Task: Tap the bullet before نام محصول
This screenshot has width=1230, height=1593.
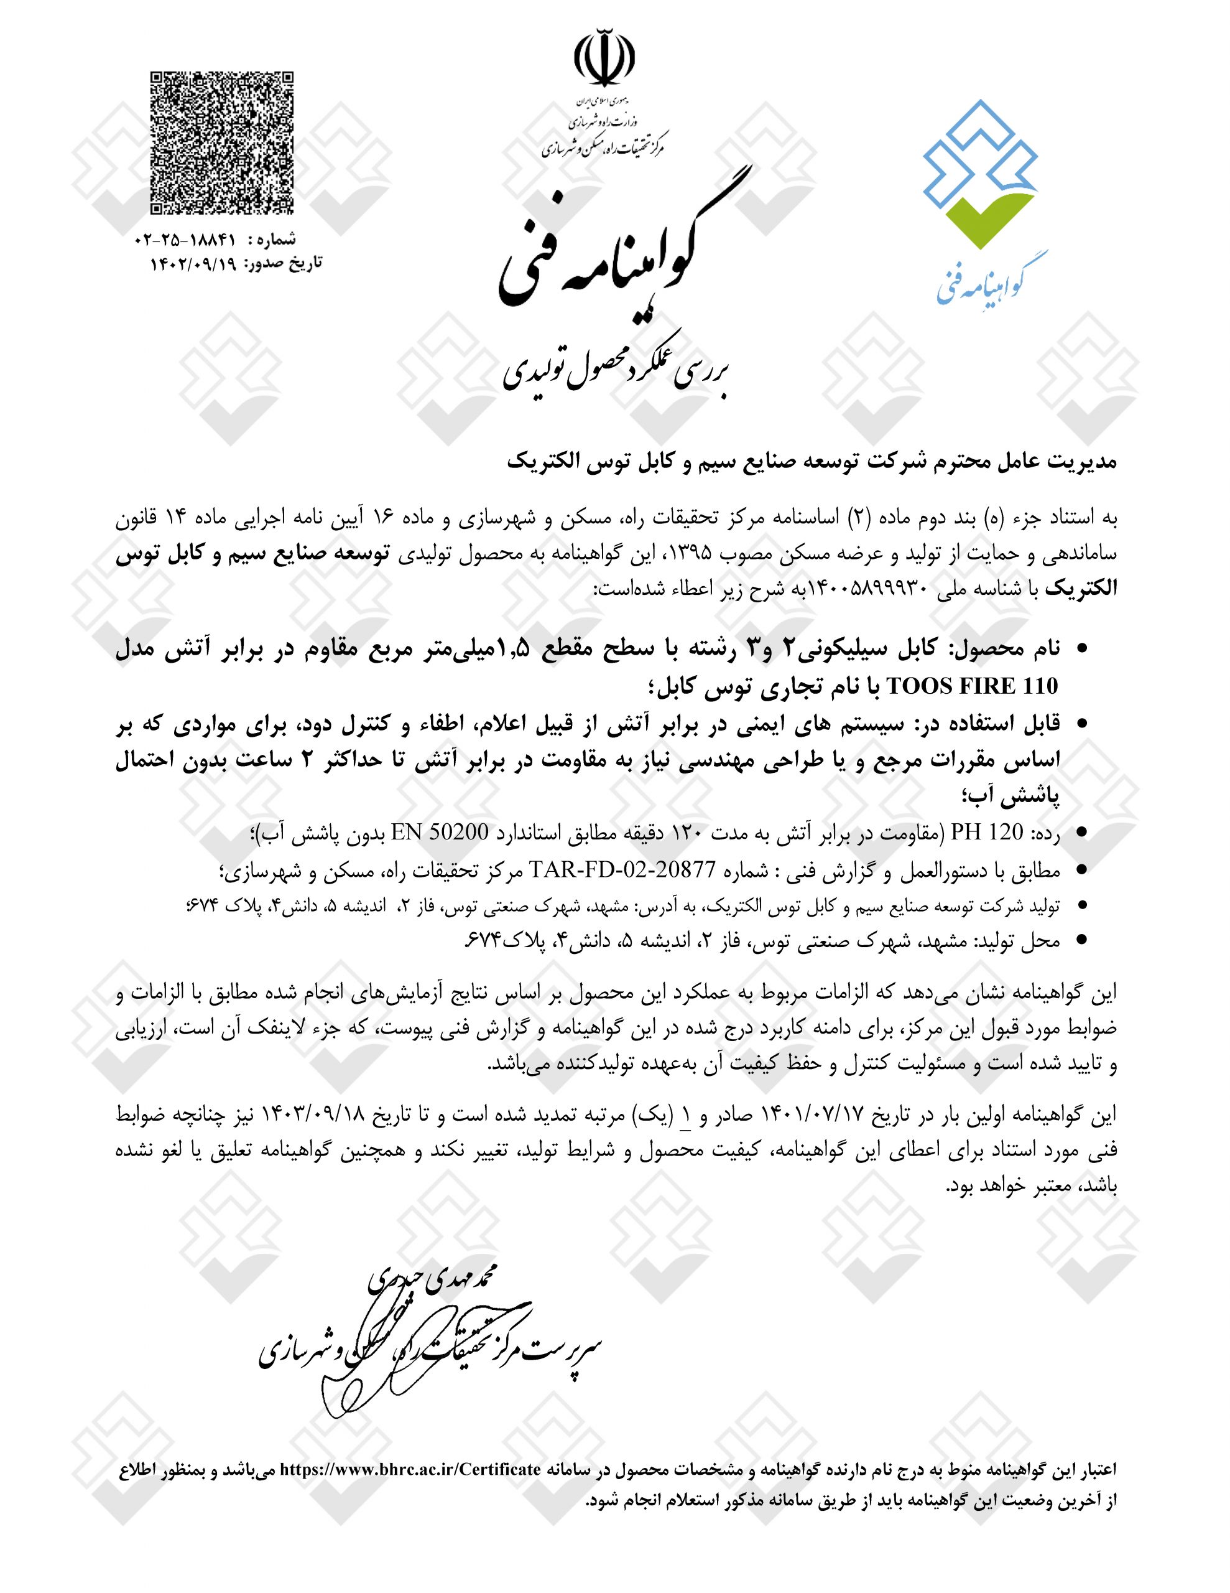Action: (x=1082, y=648)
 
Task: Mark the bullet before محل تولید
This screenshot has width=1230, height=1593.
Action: (x=1082, y=941)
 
